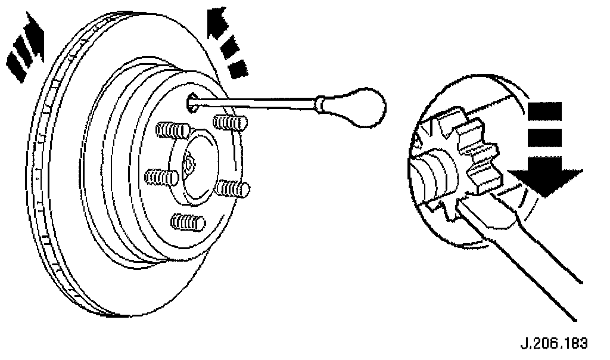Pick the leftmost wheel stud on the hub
[x=161, y=176]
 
